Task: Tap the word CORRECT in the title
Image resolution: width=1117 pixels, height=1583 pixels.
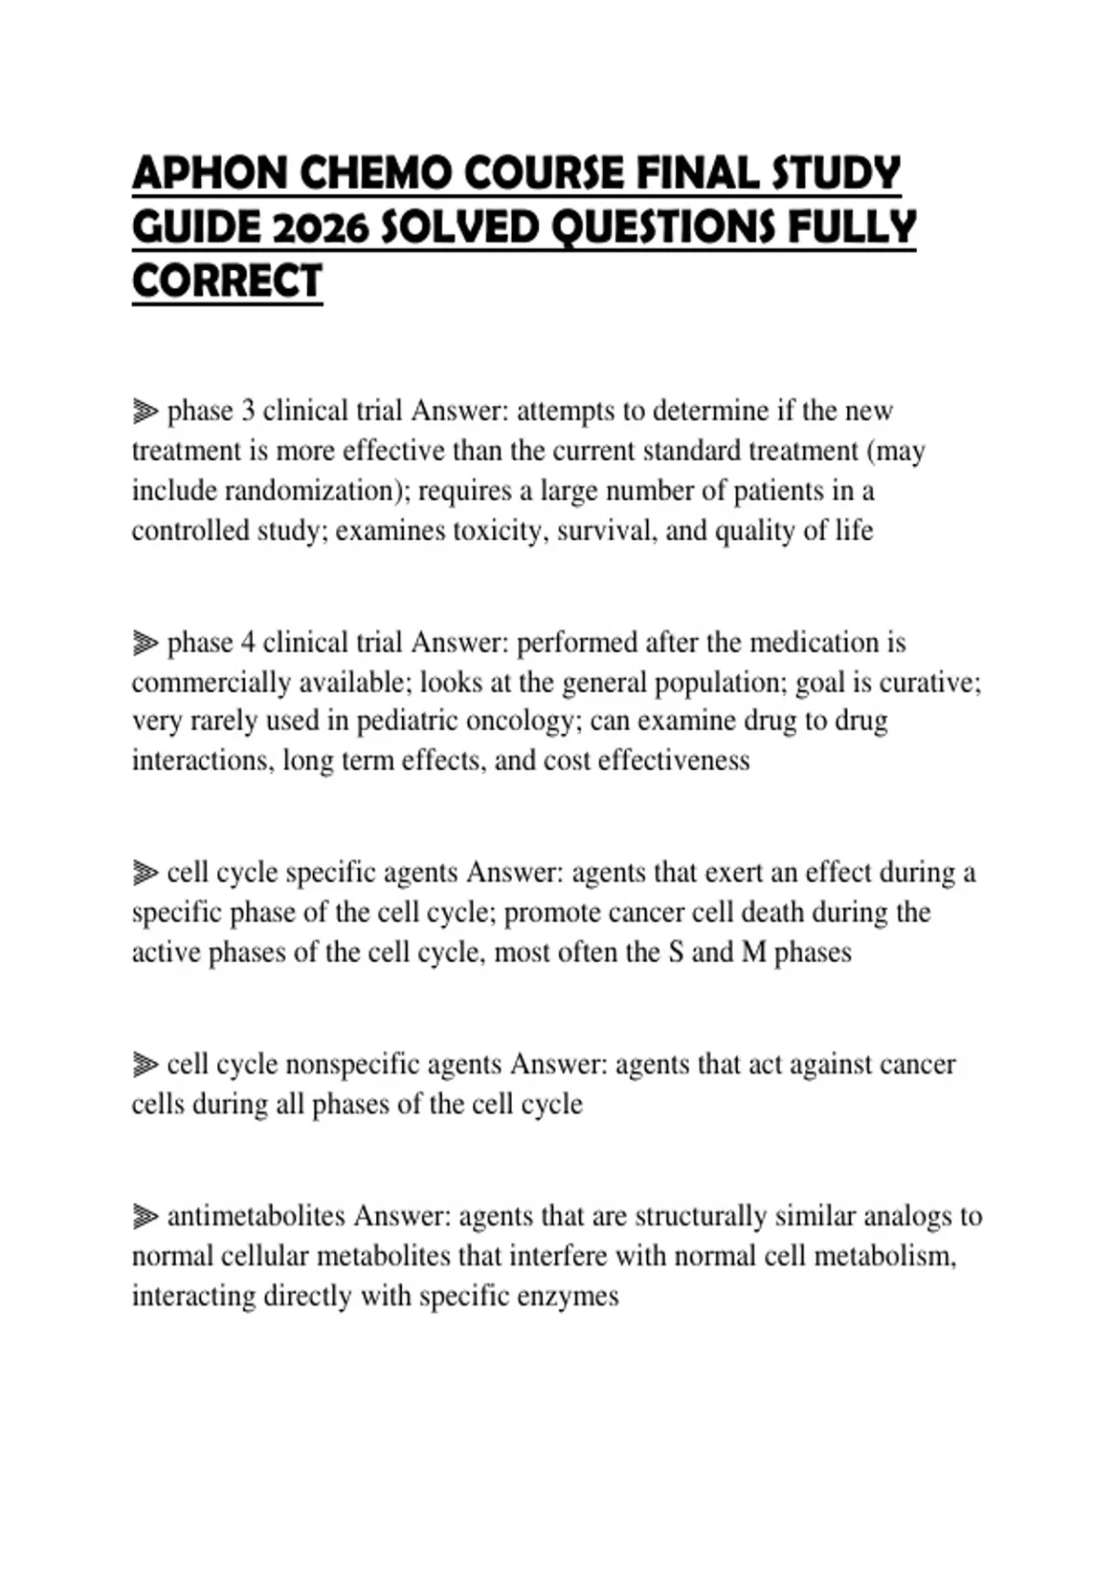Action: coord(227,281)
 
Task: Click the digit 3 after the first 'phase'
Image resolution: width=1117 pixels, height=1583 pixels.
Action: coord(248,411)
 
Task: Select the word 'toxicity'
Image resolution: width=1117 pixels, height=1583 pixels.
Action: coord(496,531)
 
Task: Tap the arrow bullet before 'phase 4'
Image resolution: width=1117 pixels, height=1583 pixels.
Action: coord(145,643)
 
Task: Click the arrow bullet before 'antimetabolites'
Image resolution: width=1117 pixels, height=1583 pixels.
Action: coord(145,1216)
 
